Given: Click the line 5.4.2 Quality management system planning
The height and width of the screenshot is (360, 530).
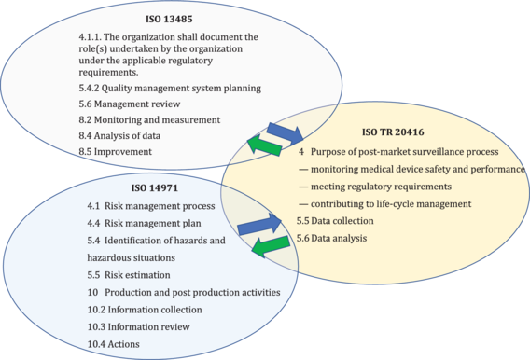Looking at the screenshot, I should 169,88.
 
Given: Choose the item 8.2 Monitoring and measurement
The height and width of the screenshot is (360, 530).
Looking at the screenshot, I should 149,119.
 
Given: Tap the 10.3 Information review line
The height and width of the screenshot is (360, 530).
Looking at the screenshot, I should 138,326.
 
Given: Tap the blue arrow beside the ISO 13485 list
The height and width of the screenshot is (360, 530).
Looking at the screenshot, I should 282,131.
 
